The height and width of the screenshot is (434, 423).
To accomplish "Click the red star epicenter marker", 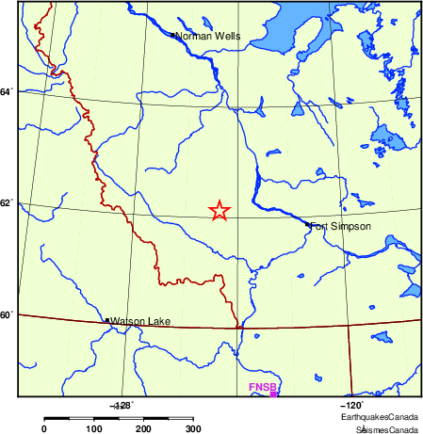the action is (x=219, y=211).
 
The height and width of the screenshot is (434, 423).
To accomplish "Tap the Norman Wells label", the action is (x=209, y=37).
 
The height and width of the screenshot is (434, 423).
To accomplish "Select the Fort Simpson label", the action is (x=341, y=226).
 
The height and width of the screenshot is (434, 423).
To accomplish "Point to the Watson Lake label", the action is (x=140, y=322).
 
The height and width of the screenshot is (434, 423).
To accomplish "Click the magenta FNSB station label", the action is (x=261, y=387).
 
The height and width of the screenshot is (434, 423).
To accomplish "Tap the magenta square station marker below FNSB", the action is (x=273, y=394).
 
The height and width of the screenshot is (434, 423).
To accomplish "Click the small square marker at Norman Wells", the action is (x=172, y=36).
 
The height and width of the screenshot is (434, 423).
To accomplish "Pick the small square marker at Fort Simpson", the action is (x=307, y=224).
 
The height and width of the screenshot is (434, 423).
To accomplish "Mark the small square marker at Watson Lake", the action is (x=106, y=321).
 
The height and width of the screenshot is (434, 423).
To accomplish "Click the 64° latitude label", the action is (x=7, y=91).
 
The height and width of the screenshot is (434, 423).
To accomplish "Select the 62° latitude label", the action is (x=7, y=202).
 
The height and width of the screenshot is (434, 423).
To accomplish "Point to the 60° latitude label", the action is (x=7, y=314).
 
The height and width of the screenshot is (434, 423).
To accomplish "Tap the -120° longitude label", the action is (x=350, y=404).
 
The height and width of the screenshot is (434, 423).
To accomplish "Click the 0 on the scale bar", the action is (x=43, y=428).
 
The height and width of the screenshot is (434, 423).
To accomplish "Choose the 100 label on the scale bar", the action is (x=93, y=428).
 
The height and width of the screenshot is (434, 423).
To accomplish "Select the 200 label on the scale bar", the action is (x=143, y=428).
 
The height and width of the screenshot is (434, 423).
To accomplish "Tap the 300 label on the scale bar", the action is (x=192, y=428).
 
